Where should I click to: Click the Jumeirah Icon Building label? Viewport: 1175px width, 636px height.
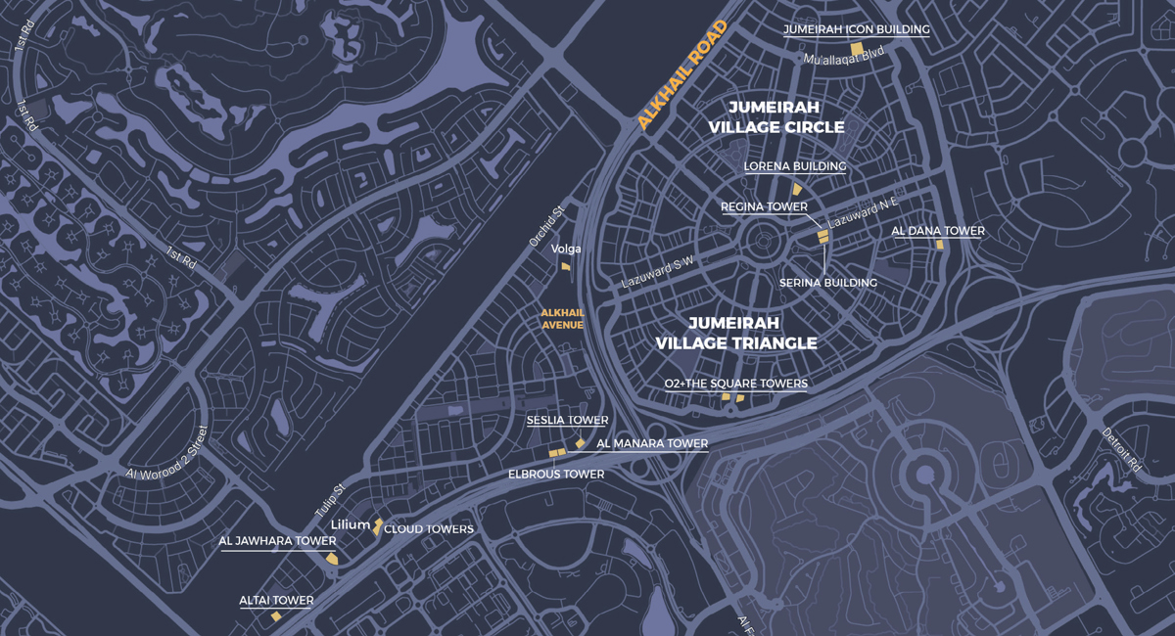856,29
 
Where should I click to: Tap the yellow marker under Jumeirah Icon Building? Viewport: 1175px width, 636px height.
856,49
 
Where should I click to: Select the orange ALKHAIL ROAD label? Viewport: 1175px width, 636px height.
683,75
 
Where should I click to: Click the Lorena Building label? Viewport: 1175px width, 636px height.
794,166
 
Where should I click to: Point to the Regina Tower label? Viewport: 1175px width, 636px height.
764,206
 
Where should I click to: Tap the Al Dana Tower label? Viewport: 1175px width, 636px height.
937,231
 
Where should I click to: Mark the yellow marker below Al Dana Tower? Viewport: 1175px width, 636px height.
938,245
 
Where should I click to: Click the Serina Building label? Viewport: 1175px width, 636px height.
827,283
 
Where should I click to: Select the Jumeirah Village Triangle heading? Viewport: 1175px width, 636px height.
735,333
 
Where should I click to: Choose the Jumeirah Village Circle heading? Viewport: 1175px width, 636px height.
776,116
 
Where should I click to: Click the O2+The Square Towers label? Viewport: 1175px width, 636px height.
735,384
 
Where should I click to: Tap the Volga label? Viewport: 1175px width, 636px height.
566,249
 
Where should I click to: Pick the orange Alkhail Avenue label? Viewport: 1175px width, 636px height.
562,319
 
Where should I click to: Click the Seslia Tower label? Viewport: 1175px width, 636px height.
567,420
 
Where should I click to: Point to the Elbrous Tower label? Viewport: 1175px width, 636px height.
555,474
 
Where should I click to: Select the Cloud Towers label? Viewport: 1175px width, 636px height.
428,529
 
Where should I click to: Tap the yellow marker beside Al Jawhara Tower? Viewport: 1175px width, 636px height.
332,559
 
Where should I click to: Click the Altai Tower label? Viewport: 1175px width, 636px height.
276,601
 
